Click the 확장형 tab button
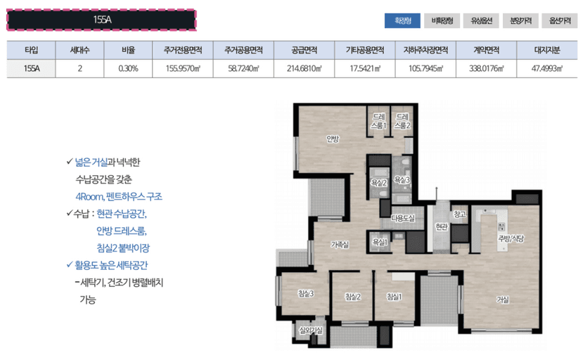pyautogui.click(x=403, y=20)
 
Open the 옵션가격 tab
pyautogui.click(x=560, y=20)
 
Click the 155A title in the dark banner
pyautogui.click(x=103, y=20)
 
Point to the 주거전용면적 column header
pyautogui.click(x=183, y=51)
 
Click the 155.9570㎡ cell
pyautogui.click(x=183, y=68)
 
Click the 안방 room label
pyautogui.click(x=332, y=139)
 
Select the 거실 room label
pyautogui.click(x=502, y=300)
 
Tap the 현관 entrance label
pyautogui.click(x=442, y=226)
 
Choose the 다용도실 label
pyautogui.click(x=403, y=218)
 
